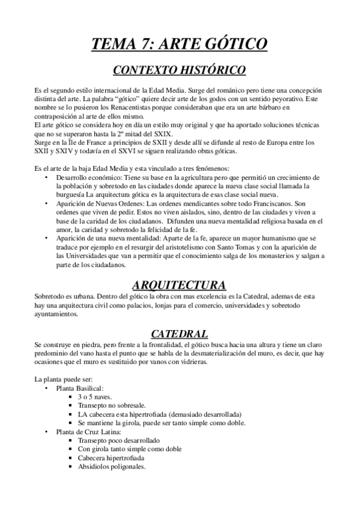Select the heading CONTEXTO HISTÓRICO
(180, 70)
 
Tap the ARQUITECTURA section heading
(179, 284)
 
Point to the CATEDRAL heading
(179, 333)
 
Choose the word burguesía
(72, 195)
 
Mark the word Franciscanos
(262, 203)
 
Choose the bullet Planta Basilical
(80, 389)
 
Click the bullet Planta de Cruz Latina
(89, 432)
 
